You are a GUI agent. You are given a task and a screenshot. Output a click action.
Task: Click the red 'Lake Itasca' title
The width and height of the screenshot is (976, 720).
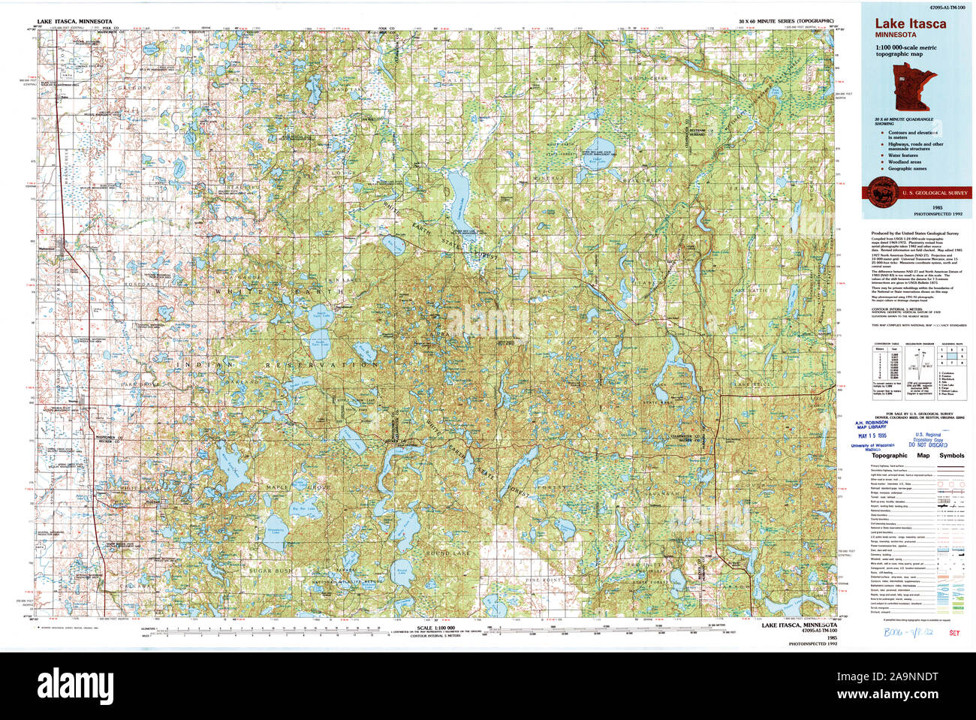tap(910, 23)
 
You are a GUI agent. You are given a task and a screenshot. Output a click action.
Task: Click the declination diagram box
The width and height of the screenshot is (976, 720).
tap(920, 369)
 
